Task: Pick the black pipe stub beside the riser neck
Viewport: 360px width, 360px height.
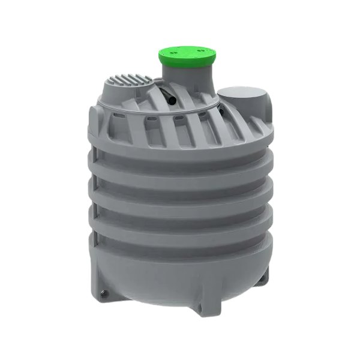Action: tap(171, 96)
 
